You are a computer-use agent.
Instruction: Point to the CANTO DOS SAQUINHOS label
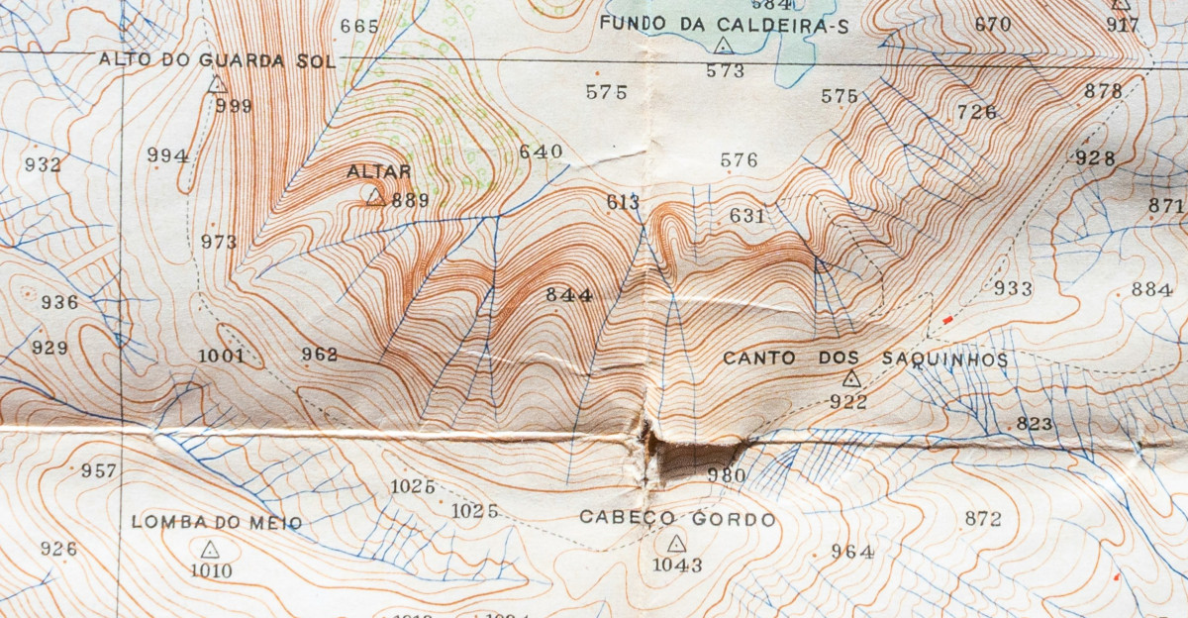[x=864, y=359]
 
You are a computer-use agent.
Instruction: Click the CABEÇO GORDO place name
[x=677, y=519]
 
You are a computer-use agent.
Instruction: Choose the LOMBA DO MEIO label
[x=216, y=523]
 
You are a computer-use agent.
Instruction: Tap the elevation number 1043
[x=677, y=566]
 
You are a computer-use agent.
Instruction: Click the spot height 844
[x=568, y=295]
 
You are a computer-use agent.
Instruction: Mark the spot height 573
[x=725, y=70]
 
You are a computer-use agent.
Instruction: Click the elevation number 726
[x=976, y=112]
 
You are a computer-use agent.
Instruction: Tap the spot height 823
[x=1034, y=424]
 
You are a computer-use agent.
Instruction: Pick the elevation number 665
[x=359, y=27]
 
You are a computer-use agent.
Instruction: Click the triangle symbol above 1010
[x=210, y=549]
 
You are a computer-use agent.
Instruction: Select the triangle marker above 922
[x=851, y=378]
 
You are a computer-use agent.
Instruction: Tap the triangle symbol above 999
[x=217, y=85]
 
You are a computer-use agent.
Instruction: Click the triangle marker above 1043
[x=676, y=543]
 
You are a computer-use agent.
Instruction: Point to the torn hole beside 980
[x=683, y=458]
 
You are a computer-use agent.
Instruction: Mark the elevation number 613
[x=623, y=203]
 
